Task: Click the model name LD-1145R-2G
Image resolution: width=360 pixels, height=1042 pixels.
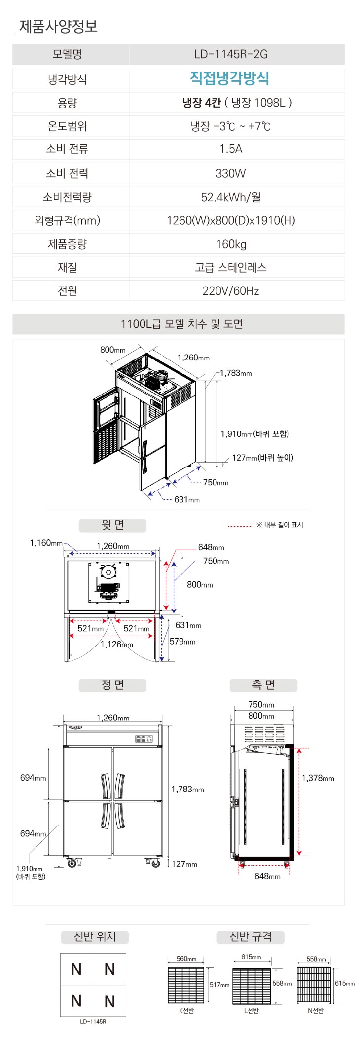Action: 231,54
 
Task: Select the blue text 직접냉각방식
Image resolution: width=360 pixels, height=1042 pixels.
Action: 229,78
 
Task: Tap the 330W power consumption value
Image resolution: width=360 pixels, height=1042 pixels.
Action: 230,173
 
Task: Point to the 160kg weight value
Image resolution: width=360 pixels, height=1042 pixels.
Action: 231,244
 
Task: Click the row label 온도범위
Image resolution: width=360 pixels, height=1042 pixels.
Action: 67,126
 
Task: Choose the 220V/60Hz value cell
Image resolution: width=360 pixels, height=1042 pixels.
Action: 231,291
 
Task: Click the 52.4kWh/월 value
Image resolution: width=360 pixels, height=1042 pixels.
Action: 231,197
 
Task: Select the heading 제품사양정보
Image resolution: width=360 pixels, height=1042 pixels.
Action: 58,26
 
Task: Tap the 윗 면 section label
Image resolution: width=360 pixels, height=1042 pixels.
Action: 112,525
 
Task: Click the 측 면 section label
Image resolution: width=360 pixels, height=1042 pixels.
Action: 263,685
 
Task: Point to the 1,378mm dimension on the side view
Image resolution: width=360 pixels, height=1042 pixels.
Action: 318,778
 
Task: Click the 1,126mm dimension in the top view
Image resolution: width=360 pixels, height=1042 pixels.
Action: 117,644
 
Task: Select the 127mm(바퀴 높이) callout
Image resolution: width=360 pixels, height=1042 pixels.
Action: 263,458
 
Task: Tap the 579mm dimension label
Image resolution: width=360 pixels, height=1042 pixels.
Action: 182,642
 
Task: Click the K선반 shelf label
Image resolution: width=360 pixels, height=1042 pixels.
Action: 186,1011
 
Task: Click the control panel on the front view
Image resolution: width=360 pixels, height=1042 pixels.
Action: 144,739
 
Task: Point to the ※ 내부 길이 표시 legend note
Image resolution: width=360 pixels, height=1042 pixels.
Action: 280,525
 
